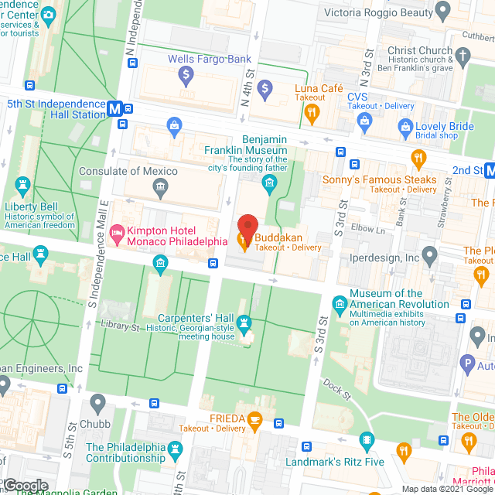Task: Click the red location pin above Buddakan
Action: (x=247, y=225)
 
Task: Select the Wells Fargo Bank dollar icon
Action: (x=185, y=76)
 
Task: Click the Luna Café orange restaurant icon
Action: (x=312, y=114)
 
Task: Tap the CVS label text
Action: (x=357, y=97)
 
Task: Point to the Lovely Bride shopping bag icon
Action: (x=404, y=126)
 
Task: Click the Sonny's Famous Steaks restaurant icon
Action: (x=419, y=160)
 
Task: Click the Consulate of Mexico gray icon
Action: (x=160, y=186)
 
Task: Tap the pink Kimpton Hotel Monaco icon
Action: (x=117, y=231)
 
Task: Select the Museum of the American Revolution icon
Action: (x=338, y=302)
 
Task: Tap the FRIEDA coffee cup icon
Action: (x=254, y=420)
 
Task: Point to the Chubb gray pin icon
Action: (x=97, y=403)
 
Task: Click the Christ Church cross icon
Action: (x=463, y=56)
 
